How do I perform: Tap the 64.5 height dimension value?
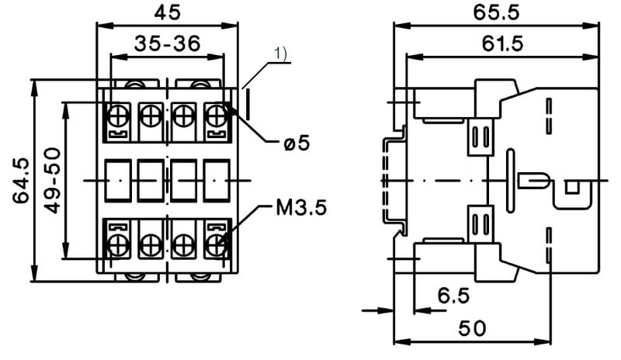22,180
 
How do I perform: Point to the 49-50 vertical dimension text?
51,180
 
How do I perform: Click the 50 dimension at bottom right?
471,327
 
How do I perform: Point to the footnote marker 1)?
280,54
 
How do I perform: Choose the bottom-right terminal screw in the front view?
216,246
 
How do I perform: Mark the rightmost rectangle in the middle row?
216,180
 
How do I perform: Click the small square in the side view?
572,187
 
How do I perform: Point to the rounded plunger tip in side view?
536,181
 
